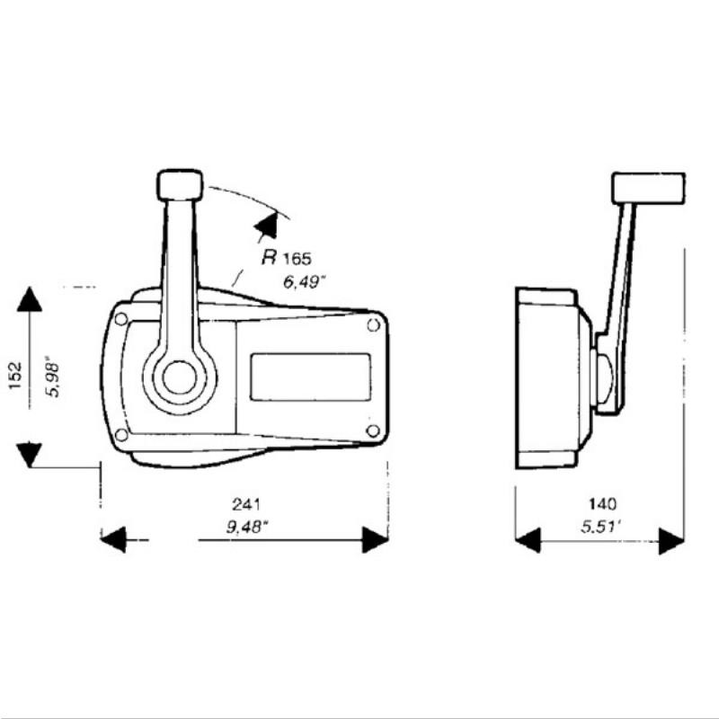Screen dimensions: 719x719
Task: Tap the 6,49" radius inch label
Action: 306,281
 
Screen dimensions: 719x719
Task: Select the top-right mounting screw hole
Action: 373,324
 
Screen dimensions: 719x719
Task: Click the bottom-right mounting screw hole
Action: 373,431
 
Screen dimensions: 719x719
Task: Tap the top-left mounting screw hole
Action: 121,319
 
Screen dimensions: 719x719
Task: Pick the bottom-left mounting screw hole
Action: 121,436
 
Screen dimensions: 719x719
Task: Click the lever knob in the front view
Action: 180,184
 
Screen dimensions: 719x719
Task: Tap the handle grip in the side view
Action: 648,187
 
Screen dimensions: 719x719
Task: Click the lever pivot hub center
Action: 180,378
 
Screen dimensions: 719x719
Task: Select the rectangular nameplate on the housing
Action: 311,377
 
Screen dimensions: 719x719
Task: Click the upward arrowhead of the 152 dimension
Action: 30,299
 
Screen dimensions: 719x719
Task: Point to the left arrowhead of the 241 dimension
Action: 112,540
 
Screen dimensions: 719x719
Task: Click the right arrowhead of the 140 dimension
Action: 671,540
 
